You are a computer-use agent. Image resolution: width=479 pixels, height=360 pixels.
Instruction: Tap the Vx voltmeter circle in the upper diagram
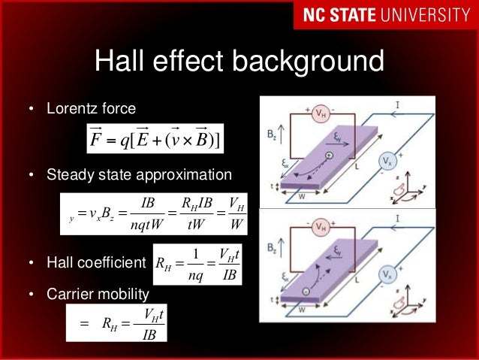tap(385, 162)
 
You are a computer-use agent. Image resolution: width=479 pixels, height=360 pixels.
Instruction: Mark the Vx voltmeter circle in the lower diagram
tap(385, 275)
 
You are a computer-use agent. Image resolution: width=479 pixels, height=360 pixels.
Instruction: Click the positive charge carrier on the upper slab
tap(328, 156)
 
